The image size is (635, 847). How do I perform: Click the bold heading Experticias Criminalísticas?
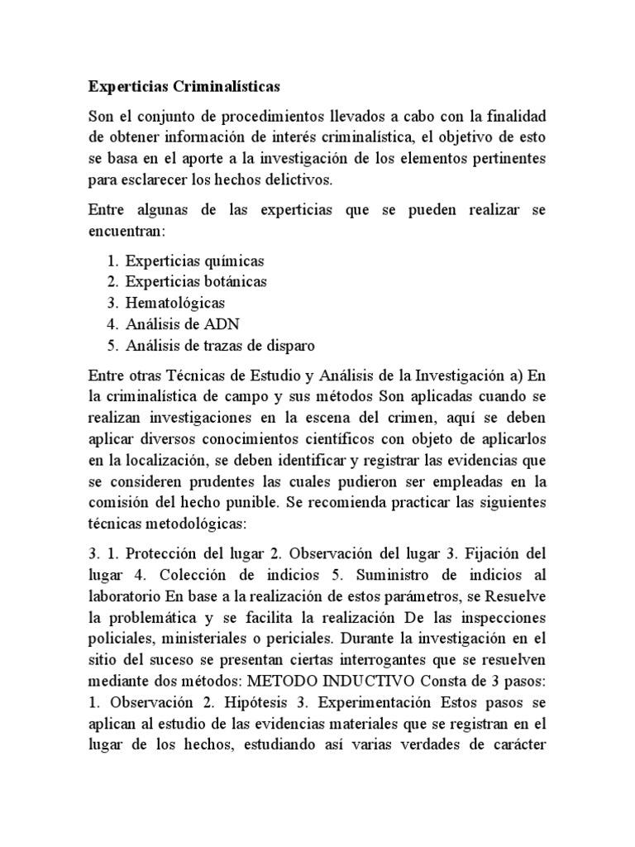[184, 85]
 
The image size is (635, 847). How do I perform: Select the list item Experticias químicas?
[195, 261]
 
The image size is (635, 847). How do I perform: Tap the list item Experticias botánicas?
[196, 281]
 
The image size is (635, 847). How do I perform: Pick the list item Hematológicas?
[175, 302]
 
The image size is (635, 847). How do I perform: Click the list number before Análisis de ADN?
[113, 323]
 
